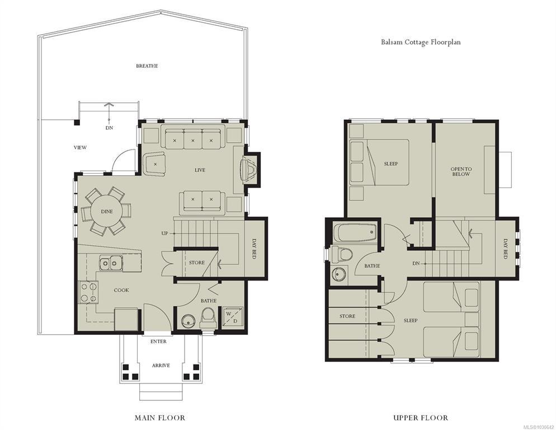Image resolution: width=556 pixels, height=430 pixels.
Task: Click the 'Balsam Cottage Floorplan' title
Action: coord(421,42)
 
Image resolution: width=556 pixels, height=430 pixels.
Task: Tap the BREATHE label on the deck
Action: coord(147,66)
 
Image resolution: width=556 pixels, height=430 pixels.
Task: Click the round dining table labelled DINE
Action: coord(107,212)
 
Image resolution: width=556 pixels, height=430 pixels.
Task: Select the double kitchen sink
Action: coord(111,264)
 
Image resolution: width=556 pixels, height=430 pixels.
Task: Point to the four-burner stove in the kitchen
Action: coord(89,292)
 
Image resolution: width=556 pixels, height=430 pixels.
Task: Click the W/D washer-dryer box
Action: coord(233,317)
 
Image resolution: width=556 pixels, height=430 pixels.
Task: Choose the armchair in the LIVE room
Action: coord(154,163)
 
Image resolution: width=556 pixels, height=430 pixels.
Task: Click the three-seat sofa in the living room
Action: coord(193,137)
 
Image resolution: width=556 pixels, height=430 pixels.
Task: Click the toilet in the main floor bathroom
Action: coord(208,317)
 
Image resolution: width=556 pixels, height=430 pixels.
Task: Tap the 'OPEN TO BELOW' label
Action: coord(460,171)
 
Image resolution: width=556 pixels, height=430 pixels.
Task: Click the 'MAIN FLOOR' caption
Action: coord(160,418)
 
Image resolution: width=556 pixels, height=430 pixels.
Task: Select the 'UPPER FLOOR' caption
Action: coord(421,418)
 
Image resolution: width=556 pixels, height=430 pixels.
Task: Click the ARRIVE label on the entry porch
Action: coord(161,366)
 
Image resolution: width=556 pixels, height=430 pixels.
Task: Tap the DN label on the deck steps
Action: coord(109,128)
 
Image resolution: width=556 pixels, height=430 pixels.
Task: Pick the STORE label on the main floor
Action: coord(197,263)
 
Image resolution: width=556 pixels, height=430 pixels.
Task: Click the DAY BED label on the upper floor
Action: coord(506,249)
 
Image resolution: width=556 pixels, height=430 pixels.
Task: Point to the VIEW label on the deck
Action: coord(80,147)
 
